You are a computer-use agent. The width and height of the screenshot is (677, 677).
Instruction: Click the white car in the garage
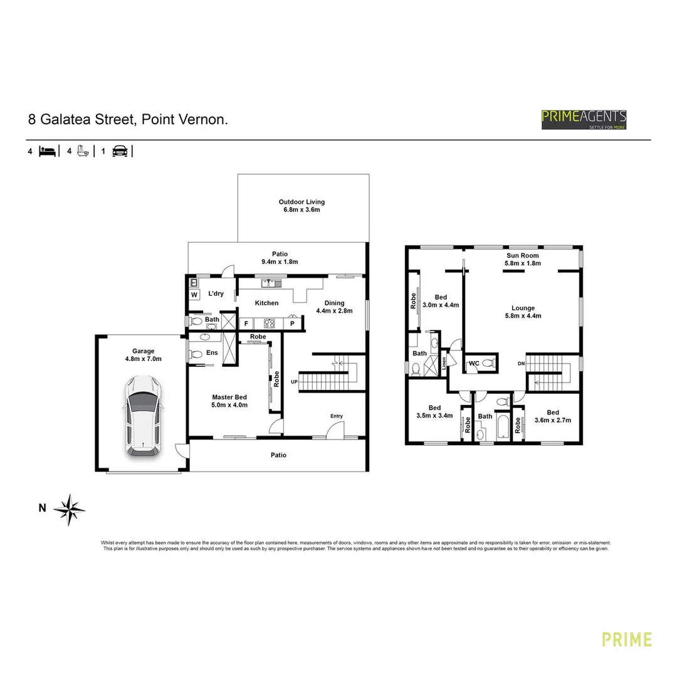click(x=143, y=416)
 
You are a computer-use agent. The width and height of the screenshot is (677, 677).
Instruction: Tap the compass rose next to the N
click(x=69, y=509)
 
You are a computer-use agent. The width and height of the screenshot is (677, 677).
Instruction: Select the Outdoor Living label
click(x=302, y=202)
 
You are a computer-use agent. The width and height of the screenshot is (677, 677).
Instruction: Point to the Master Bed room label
click(x=229, y=397)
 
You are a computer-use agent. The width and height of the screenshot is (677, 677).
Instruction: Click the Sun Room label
click(x=522, y=256)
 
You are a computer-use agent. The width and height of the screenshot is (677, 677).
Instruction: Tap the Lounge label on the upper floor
click(x=523, y=308)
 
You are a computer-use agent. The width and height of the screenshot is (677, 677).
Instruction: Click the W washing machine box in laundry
click(x=194, y=295)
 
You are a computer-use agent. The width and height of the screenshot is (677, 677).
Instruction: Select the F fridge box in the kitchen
click(x=246, y=324)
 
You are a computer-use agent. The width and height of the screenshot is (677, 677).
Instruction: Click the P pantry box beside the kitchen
click(x=292, y=324)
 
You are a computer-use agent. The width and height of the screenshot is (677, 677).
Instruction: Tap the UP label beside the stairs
click(x=294, y=382)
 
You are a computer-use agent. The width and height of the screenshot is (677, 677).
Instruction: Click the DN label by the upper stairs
click(x=521, y=364)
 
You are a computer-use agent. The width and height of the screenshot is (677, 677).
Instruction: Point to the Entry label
click(x=337, y=416)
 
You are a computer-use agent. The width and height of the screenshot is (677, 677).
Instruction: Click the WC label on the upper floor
click(x=475, y=362)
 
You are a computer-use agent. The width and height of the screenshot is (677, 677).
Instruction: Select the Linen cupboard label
click(x=444, y=363)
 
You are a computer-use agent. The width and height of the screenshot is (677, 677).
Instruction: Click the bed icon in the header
click(x=47, y=151)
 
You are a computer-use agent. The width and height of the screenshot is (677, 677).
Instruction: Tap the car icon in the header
click(x=119, y=151)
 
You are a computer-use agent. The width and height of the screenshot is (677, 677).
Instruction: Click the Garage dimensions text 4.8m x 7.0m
click(x=143, y=359)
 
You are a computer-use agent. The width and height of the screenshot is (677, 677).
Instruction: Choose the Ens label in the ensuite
click(x=212, y=353)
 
